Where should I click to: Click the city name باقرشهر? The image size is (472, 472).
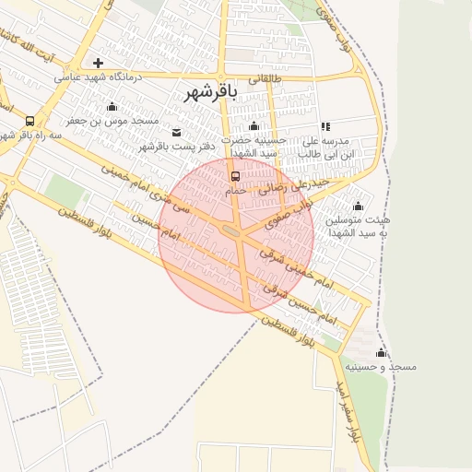tap(210, 93)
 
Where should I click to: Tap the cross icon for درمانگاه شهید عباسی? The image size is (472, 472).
tap(98, 64)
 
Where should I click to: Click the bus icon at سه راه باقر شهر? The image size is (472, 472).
tap(30, 121)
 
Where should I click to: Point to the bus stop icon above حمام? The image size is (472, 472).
tap(235, 175)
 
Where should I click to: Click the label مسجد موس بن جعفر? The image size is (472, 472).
tap(112, 121)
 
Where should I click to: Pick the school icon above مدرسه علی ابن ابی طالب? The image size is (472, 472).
tap(324, 126)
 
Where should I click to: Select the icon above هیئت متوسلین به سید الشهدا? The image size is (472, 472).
tap(358, 206)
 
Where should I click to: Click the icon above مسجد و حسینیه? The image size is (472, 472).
tap(381, 352)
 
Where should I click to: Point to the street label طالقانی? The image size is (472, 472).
tap(262, 80)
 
